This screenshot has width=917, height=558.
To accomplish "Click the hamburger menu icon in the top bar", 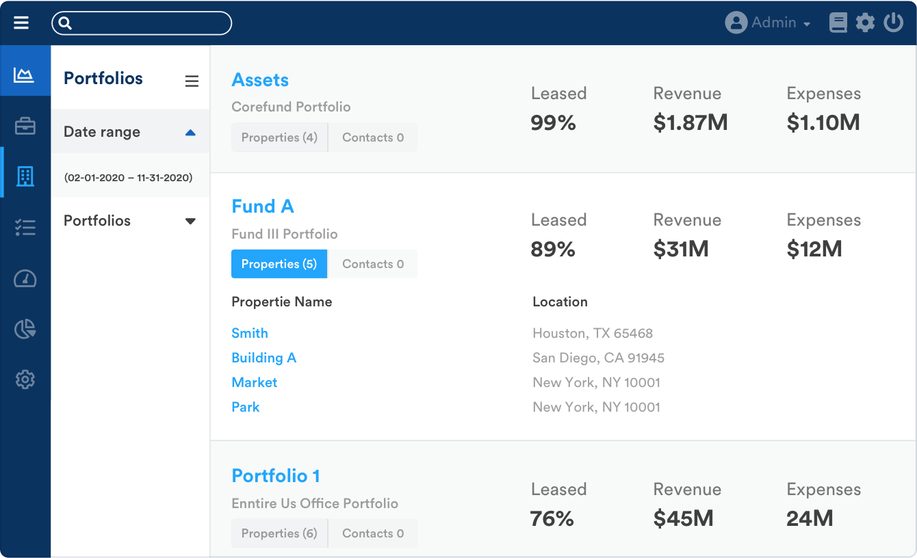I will click(21, 23).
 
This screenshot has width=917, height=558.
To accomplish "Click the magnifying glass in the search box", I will click(65, 23).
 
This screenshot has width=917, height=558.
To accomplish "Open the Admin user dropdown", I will click(767, 23).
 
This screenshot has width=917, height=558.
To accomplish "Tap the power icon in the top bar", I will click(893, 23).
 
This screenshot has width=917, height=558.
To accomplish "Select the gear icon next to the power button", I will click(865, 23).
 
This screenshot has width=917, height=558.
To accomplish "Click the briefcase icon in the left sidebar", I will click(25, 126).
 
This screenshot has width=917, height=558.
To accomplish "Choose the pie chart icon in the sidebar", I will click(25, 329).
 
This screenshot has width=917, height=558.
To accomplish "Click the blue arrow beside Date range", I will click(191, 133).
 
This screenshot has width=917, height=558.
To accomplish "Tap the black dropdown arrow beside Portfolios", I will click(191, 221).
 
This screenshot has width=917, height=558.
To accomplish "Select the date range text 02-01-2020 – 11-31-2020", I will click(129, 178).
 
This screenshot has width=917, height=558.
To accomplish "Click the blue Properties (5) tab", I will click(279, 264).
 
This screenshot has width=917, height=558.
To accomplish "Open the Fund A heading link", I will click(263, 207).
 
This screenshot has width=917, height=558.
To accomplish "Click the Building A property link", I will click(263, 358).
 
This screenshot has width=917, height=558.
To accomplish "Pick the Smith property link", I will click(250, 333).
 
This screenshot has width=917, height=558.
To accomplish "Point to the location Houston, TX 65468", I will click(593, 333).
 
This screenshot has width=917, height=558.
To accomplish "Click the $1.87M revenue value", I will click(690, 123).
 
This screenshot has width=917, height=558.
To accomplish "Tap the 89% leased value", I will click(553, 250).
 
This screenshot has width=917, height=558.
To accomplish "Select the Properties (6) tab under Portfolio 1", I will click(279, 533).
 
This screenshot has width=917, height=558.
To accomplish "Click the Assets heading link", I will click(260, 80).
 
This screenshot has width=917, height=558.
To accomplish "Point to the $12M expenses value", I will click(814, 250).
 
